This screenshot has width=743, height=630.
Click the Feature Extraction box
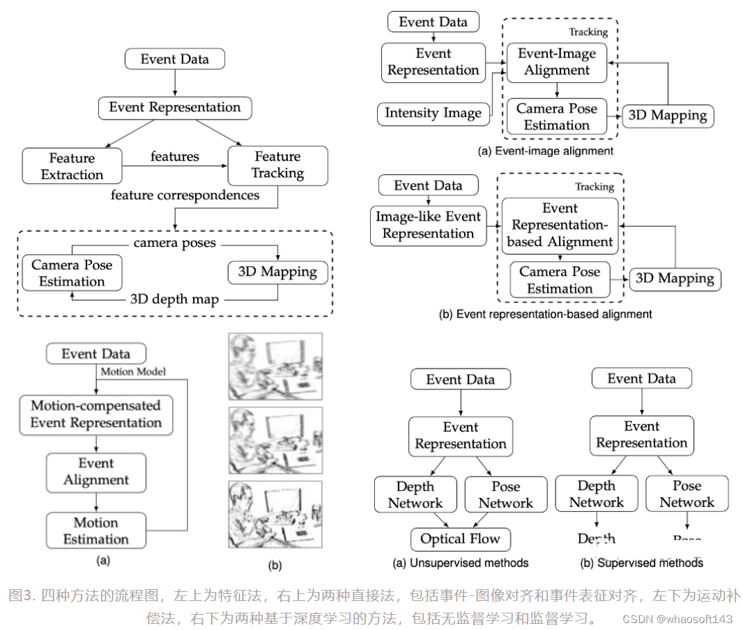coord(72,166)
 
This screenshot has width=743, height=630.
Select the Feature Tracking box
coord(277,165)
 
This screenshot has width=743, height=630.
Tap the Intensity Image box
coord(432,113)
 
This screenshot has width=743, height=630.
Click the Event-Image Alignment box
coord(557,62)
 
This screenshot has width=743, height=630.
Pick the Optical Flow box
coord(460,539)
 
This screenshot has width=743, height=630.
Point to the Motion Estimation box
coord(96,531)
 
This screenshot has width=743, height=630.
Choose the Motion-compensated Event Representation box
coord(96,414)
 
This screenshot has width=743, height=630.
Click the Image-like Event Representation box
coord(428,225)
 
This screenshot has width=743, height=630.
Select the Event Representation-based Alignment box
coord(560,225)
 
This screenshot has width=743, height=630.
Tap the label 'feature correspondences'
coord(185,196)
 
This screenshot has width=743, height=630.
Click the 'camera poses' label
coord(175,243)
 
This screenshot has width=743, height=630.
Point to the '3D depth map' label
coord(176,300)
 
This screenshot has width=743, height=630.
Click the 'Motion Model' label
coord(134,371)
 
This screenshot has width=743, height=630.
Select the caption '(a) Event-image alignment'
coord(546,151)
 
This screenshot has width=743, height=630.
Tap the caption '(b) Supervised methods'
coord(641,563)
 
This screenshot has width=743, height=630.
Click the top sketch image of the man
coord(275,367)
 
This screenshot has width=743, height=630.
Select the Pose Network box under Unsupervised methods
coord(506,495)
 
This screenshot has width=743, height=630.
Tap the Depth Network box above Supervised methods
coord(596,494)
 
